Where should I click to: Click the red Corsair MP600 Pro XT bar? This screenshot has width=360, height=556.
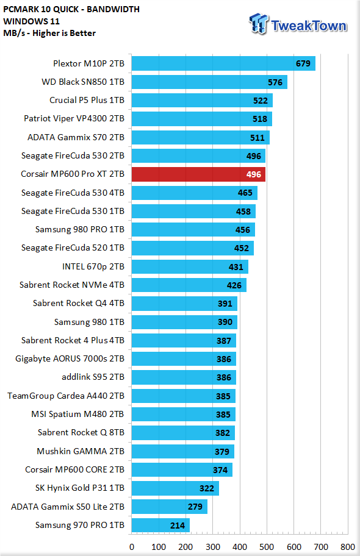(x=198, y=174)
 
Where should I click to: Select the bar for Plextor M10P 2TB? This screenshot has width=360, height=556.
(x=223, y=63)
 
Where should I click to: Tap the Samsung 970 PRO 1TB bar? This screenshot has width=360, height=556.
(x=160, y=525)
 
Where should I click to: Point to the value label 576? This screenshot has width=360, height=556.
(x=275, y=82)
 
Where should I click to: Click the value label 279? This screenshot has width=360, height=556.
(x=195, y=507)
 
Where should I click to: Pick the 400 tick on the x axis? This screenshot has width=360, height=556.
(x=240, y=547)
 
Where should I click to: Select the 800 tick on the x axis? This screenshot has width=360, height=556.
(x=348, y=547)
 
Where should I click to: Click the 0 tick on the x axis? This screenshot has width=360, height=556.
(x=132, y=547)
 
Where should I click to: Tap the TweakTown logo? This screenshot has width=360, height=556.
(x=298, y=24)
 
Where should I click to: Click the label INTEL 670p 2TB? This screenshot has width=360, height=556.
(x=93, y=266)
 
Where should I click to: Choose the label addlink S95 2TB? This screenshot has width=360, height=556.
(x=93, y=377)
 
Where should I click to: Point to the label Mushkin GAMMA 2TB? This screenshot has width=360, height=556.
(x=81, y=451)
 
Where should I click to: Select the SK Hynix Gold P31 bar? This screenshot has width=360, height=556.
(x=175, y=488)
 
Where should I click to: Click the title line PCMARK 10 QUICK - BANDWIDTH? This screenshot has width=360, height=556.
(x=71, y=9)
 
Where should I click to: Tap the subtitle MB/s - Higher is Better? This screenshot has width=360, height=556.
(x=49, y=33)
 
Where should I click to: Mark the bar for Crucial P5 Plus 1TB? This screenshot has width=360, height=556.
(x=202, y=101)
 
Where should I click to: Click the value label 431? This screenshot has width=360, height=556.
(x=236, y=267)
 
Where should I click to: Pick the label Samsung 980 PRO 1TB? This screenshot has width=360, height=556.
(x=80, y=229)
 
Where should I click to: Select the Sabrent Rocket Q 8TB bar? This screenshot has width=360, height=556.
(x=184, y=433)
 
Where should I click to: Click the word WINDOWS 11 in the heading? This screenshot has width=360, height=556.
(x=32, y=21)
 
